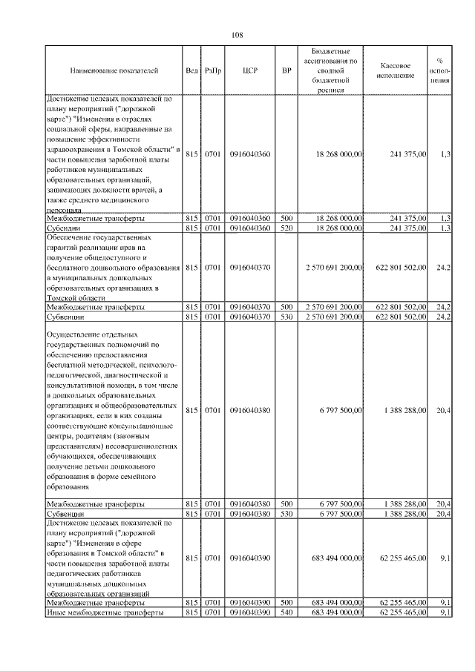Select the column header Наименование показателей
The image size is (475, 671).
point(114,71)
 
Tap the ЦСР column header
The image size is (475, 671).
point(249,71)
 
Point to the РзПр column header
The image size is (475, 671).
point(212,71)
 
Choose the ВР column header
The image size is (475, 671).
point(286,71)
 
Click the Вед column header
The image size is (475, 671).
point(191,71)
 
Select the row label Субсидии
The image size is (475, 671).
point(65,228)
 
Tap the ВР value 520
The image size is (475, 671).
point(286,228)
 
